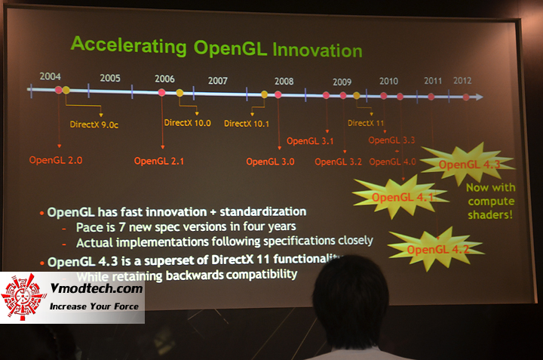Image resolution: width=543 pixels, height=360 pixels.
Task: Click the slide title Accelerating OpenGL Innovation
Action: (216, 47)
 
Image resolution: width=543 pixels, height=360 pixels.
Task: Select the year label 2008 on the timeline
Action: (284, 81)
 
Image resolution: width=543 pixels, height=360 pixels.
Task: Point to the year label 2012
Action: (462, 81)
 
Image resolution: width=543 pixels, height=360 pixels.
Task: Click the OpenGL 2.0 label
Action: (54, 160)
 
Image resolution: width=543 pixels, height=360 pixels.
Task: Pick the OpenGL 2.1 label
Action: (159, 161)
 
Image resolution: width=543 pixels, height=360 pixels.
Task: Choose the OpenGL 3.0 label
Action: (270, 161)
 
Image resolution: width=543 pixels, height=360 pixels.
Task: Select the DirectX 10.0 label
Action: (187, 122)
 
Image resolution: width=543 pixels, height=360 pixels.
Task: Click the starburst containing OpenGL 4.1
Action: (400, 198)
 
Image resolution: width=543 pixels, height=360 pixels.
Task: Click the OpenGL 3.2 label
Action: (338, 161)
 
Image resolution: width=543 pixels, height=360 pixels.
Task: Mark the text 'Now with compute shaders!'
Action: (491, 202)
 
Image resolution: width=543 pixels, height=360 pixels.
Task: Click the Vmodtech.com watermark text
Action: (93, 288)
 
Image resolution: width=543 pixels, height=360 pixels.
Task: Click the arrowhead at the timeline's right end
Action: (479, 97)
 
